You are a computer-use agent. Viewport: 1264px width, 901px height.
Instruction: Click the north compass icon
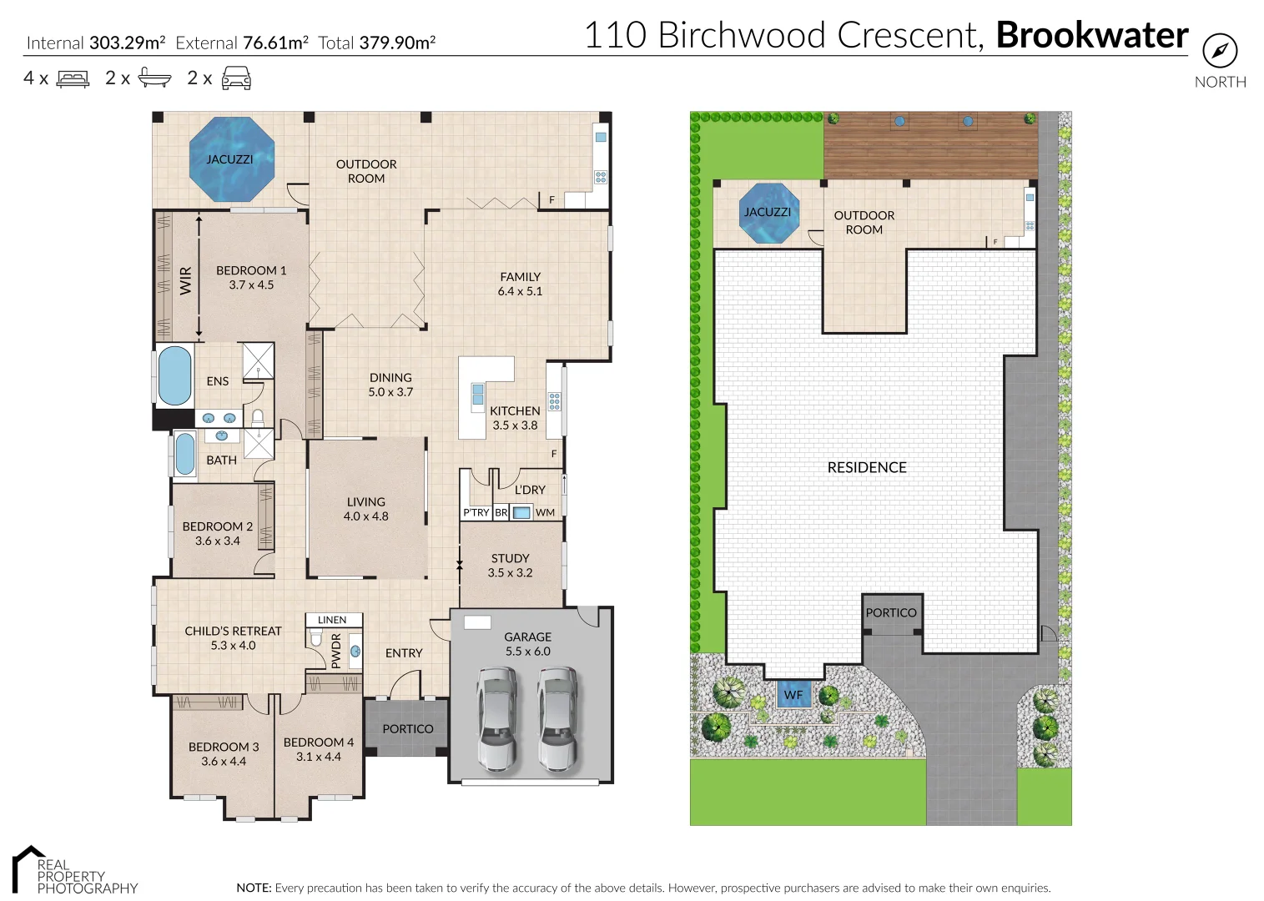tap(1220, 51)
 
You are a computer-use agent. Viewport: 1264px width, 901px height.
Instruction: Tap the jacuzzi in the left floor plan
tap(231, 159)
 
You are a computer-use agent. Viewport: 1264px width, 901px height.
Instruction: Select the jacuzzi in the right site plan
tap(768, 213)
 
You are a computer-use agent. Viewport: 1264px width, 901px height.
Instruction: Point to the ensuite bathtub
tap(174, 376)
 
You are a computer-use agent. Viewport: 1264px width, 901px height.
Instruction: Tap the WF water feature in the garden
tap(793, 694)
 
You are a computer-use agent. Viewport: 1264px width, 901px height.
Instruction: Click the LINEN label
tap(332, 620)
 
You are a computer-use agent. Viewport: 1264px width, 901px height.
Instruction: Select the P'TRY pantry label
tap(476, 512)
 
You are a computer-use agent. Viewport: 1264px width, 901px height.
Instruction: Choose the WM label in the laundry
tap(545, 512)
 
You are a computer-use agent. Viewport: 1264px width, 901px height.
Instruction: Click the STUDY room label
tap(510, 558)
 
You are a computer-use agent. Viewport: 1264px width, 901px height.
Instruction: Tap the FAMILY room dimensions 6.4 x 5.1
tap(520, 291)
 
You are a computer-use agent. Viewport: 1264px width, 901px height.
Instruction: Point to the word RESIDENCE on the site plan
tap(866, 468)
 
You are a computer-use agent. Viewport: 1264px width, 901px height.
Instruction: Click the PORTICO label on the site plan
tap(890, 612)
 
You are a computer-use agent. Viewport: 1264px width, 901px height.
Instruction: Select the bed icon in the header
tap(73, 79)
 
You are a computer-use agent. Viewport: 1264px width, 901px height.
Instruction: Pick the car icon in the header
tap(236, 78)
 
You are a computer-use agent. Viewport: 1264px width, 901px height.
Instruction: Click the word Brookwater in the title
tap(1091, 35)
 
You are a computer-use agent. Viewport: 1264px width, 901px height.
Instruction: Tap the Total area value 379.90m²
tap(397, 43)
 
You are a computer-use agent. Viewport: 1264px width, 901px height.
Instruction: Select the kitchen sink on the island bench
tap(477, 395)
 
